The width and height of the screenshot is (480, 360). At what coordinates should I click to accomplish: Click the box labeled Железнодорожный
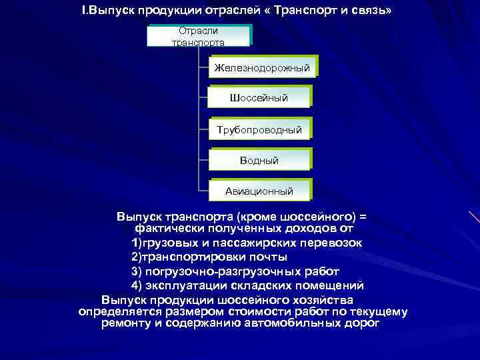262,67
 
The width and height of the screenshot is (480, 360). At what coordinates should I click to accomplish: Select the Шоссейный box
259,98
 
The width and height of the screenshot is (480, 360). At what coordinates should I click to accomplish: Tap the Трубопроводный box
259,129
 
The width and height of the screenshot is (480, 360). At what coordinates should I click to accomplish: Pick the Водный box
259,160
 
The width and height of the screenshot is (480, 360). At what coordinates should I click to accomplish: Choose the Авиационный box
259,191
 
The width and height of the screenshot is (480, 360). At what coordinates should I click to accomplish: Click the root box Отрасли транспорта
198,36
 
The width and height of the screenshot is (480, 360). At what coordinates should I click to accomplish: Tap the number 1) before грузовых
137,243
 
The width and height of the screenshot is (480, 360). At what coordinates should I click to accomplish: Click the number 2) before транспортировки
137,257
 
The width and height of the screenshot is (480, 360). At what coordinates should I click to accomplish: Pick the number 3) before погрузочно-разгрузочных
137,271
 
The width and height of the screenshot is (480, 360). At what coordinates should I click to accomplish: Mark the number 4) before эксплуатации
137,285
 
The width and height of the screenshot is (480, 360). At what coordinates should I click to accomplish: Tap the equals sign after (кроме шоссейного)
363,217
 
